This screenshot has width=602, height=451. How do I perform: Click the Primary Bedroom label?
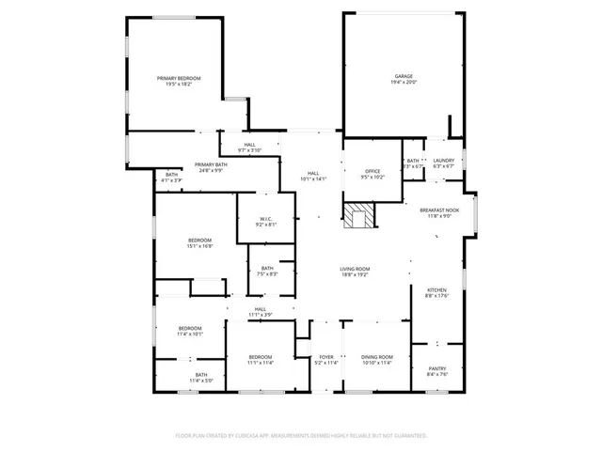179,78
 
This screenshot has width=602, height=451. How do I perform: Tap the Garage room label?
404,75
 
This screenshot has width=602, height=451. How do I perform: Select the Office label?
373,170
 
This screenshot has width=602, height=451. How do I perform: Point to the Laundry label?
443,160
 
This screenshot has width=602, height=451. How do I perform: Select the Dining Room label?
377,357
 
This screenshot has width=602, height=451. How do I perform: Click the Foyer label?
326,357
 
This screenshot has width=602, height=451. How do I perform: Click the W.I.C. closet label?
266,221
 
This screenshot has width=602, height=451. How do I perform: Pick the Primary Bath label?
211,164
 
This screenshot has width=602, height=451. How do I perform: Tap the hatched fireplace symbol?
358,217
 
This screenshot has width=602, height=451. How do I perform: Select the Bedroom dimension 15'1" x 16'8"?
198,246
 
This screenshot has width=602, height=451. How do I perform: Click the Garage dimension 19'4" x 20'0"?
404,82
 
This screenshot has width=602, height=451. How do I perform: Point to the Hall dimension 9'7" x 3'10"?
249,150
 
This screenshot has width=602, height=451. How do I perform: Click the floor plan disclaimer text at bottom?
301,435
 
